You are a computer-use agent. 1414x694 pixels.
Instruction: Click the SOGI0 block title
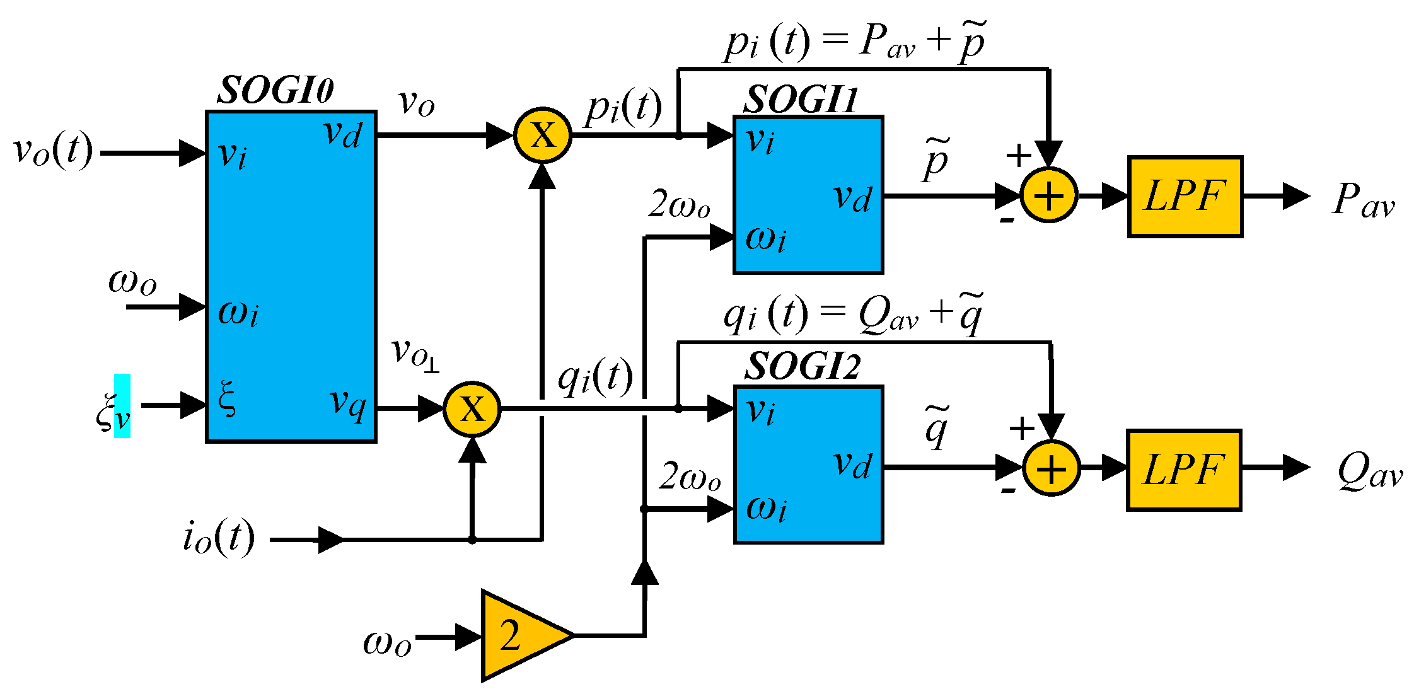pyautogui.click(x=275, y=90)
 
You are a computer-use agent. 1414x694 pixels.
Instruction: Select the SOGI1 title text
pyautogui.click(x=801, y=100)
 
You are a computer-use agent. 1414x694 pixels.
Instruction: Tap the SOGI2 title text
pyautogui.click(x=802, y=366)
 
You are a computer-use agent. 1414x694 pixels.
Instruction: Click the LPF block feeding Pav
pyautogui.click(x=1185, y=197)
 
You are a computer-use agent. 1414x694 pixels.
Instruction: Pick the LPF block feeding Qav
pyautogui.click(x=1183, y=470)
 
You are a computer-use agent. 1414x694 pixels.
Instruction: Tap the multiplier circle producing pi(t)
pyautogui.click(x=542, y=135)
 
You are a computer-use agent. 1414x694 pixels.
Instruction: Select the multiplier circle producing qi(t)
pyautogui.click(x=472, y=409)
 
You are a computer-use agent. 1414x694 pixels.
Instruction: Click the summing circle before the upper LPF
pyautogui.click(x=1049, y=195)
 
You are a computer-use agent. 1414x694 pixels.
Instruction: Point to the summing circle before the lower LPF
pyautogui.click(x=1051, y=468)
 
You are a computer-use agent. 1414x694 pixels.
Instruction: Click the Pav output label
pyautogui.click(x=1363, y=200)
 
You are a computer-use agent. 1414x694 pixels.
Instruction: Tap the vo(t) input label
pyautogui.click(x=53, y=151)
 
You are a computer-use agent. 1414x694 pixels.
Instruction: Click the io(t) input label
pyautogui.click(x=219, y=538)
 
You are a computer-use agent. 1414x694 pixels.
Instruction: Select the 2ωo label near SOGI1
pyautogui.click(x=679, y=205)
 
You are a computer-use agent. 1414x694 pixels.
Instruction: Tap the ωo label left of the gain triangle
pyautogui.click(x=387, y=643)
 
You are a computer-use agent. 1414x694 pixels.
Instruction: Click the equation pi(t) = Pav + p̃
pyautogui.click(x=855, y=42)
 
